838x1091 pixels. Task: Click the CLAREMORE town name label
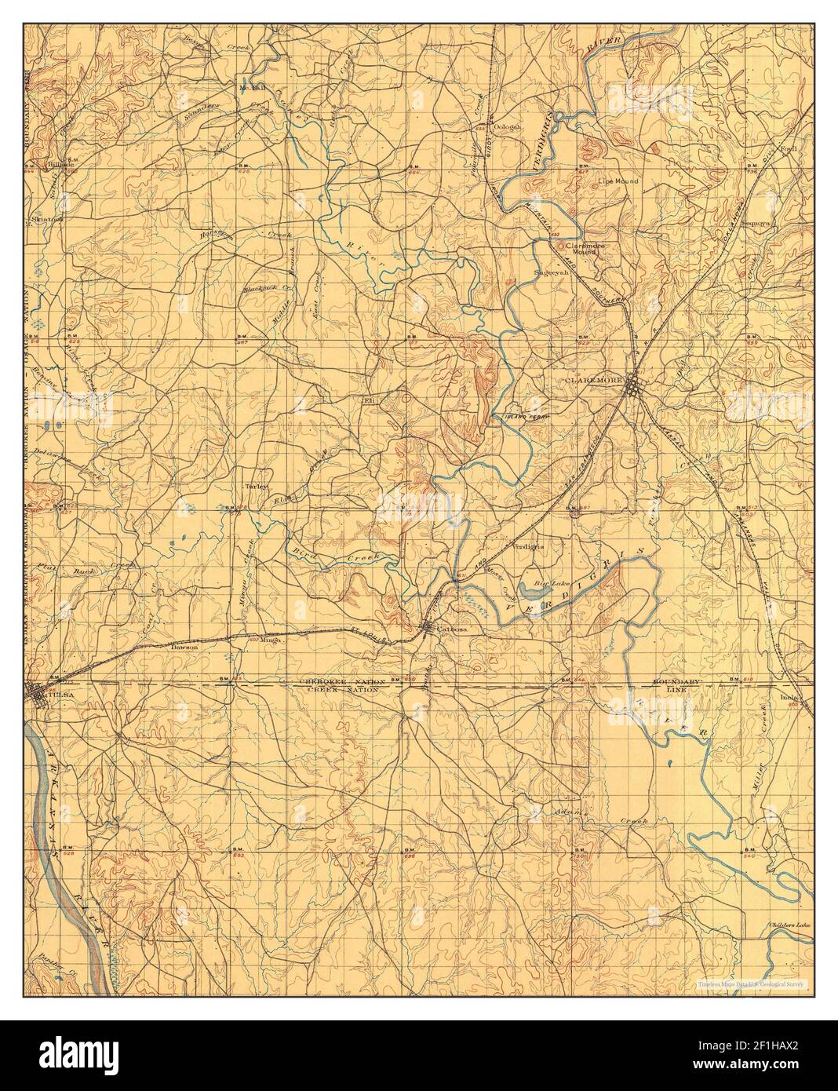click(x=593, y=380)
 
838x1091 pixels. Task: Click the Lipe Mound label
click(x=618, y=181)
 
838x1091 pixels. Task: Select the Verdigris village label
click(x=527, y=545)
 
